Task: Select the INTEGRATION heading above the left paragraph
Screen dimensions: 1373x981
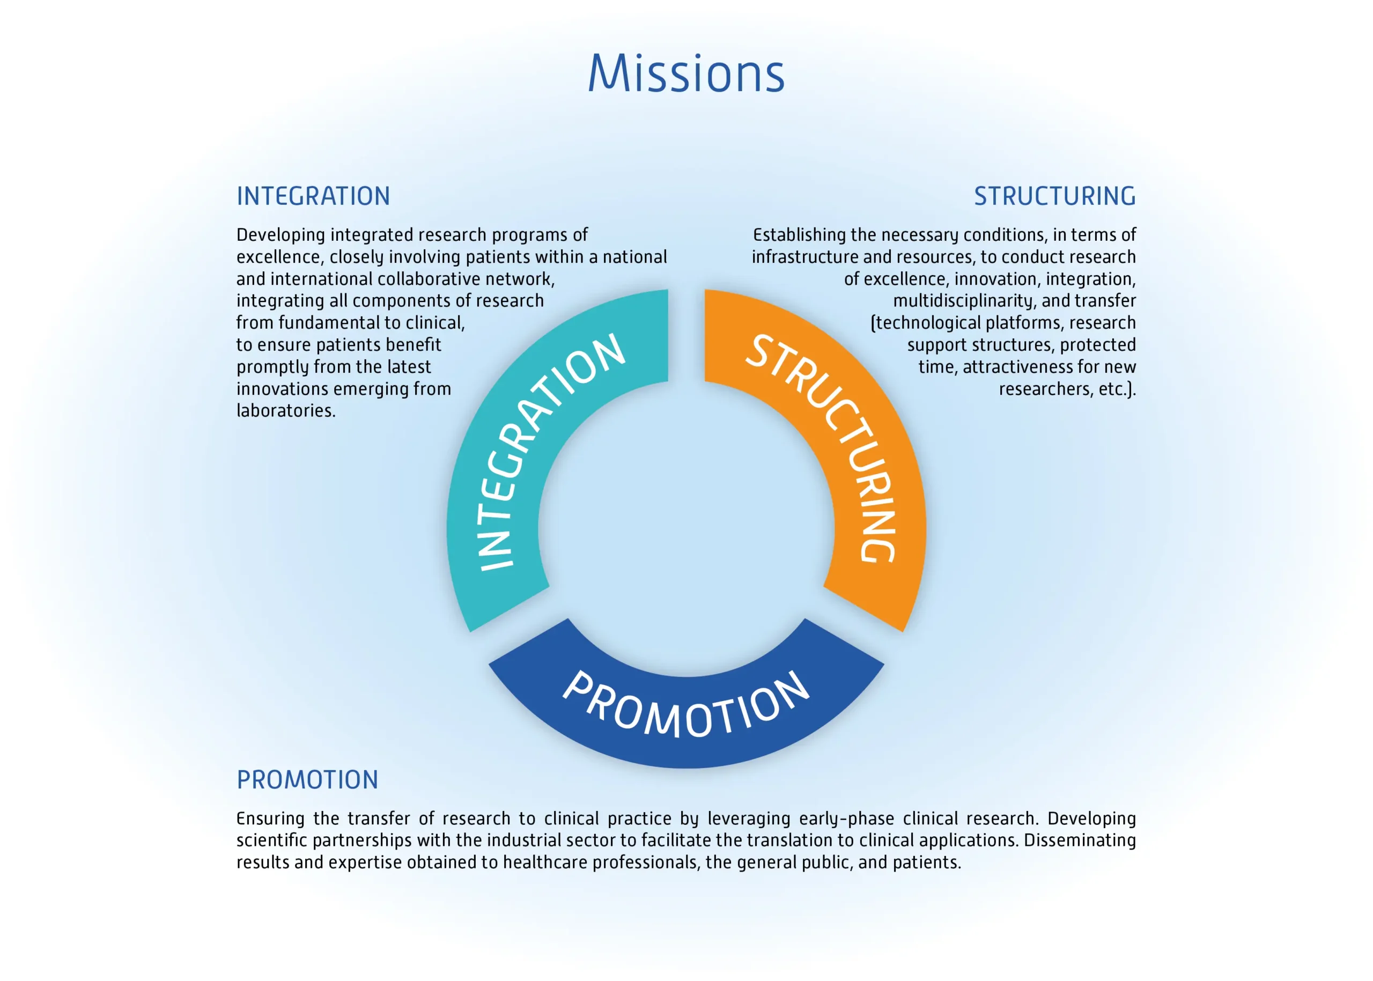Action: [x=313, y=196]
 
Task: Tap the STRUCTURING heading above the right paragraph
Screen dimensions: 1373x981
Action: [x=1054, y=196]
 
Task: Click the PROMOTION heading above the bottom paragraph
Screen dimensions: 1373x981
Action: [x=307, y=780]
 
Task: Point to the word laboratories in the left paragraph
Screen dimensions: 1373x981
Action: [x=286, y=411]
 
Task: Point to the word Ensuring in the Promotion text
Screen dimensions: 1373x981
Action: [x=271, y=819]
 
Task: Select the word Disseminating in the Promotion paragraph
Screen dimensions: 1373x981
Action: [x=1080, y=840]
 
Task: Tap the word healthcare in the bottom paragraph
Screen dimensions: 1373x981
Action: [x=545, y=862]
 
